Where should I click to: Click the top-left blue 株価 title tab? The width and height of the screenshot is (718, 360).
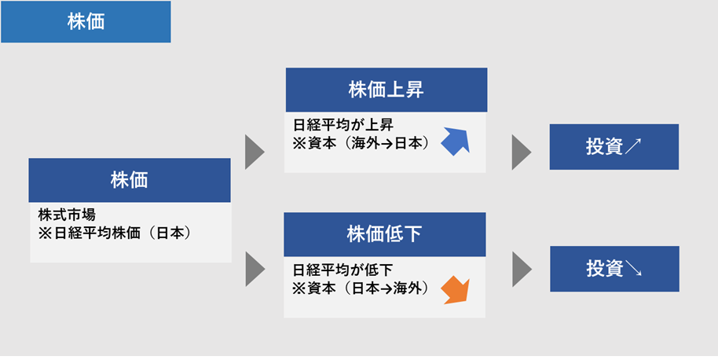(86, 21)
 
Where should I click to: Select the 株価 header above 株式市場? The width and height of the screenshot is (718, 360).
(130, 180)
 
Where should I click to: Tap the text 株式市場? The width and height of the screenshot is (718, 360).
(67, 215)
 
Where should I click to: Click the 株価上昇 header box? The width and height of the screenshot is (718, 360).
(386, 90)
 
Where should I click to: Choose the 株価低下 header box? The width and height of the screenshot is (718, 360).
(385, 234)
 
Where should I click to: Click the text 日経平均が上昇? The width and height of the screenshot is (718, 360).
(343, 124)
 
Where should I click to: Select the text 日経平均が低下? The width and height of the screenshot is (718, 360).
(343, 270)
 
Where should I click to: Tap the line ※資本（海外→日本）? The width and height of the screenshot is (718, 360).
(361, 143)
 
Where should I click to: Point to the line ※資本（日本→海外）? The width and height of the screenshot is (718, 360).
(361, 288)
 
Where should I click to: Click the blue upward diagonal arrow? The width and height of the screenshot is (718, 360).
(456, 141)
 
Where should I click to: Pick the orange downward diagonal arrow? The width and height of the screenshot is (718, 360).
(456, 290)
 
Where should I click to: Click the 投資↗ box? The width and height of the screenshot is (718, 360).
(614, 146)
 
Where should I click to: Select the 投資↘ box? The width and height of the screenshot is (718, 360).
(614, 269)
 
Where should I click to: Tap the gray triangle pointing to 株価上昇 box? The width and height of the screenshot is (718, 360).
(255, 152)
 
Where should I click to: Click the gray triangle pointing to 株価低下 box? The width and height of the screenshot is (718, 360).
(255, 270)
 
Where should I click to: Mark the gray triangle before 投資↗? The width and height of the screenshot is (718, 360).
(521, 152)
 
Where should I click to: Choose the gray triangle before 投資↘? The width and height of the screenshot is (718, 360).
(522, 270)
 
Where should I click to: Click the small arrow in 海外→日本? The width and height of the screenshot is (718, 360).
(389, 144)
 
